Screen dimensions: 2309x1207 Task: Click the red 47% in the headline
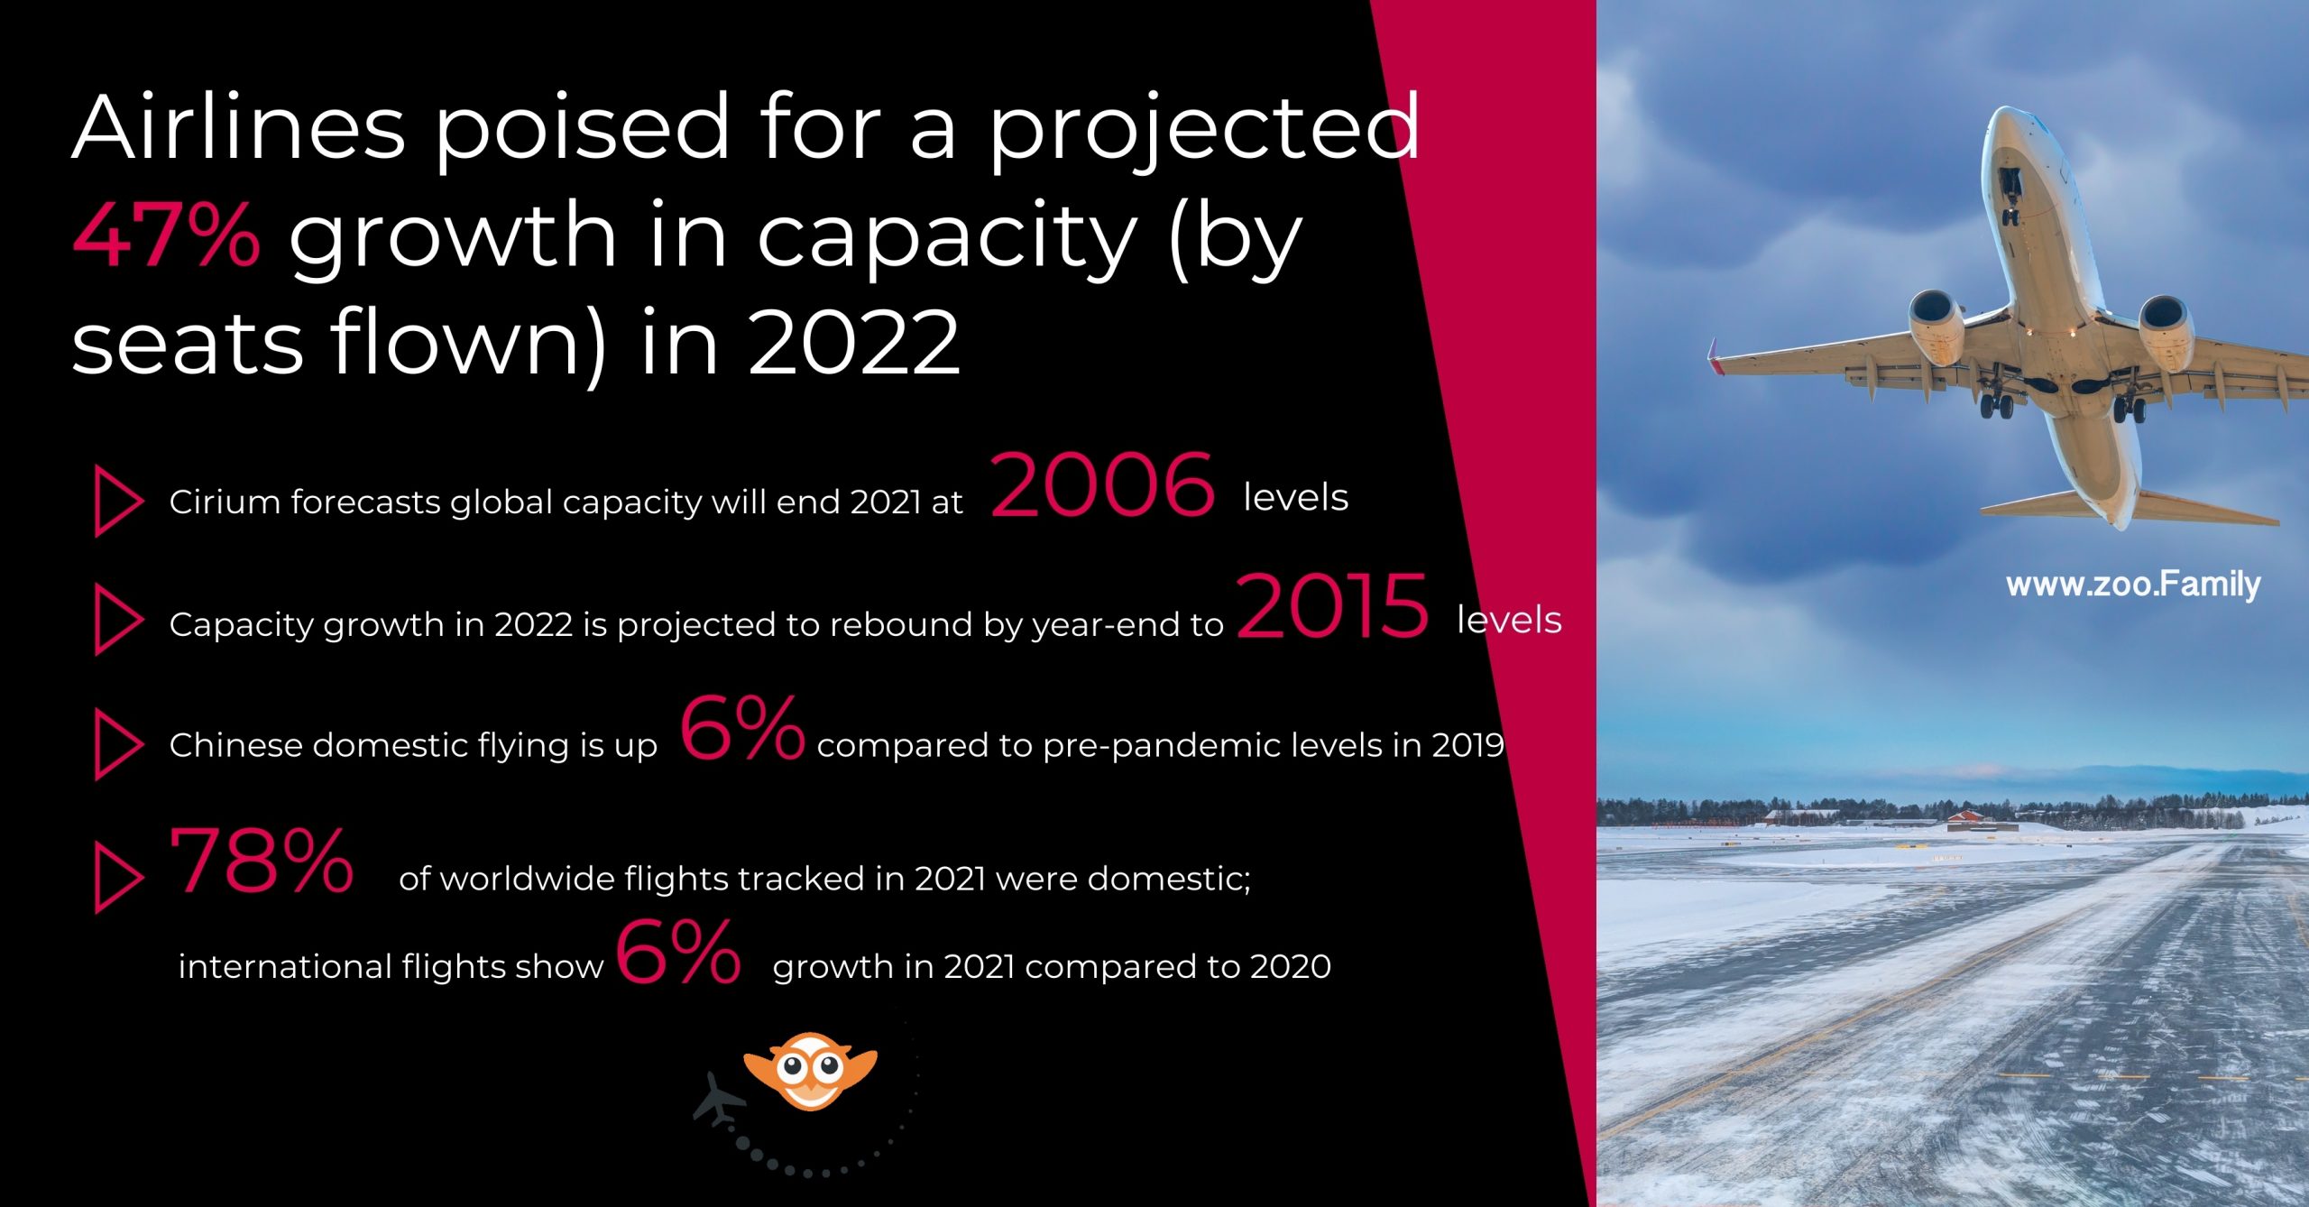(x=167, y=235)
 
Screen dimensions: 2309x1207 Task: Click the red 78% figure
(x=262, y=861)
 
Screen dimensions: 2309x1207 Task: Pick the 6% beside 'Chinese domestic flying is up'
(x=741, y=728)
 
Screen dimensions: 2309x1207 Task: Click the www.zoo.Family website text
(x=2133, y=585)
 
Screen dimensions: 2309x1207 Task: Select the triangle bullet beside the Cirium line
(x=117, y=502)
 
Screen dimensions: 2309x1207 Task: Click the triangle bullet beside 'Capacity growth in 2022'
(x=117, y=620)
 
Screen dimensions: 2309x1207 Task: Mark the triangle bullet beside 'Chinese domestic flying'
(x=117, y=744)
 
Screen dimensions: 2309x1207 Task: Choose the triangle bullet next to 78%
(x=117, y=879)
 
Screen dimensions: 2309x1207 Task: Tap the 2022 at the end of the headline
(x=854, y=343)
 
